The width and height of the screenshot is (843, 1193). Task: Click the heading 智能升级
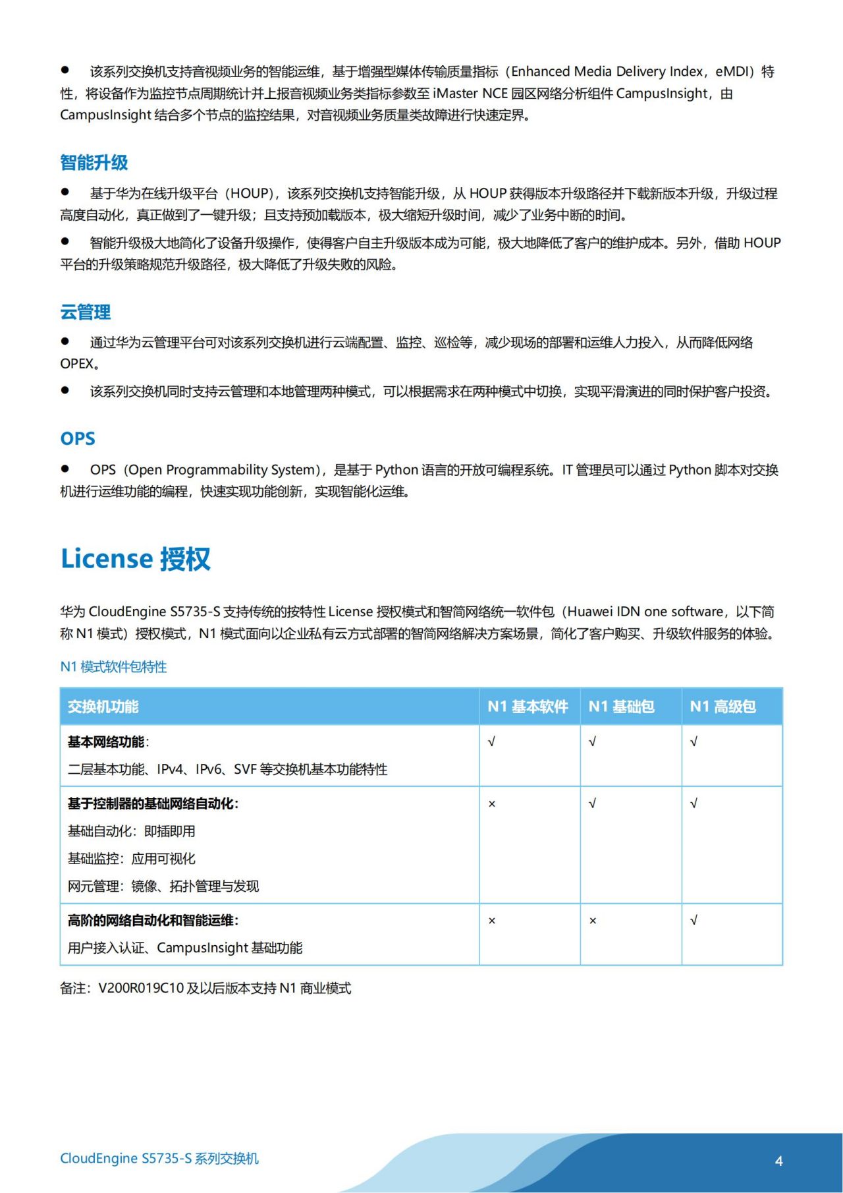(94, 163)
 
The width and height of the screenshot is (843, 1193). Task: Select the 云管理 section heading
(86, 312)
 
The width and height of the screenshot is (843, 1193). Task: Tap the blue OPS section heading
(78, 438)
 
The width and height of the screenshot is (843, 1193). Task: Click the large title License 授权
(136, 559)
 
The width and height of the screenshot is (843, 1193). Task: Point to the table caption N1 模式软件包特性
(113, 666)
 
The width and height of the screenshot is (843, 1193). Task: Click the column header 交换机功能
(103, 707)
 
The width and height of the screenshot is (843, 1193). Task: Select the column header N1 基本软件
(528, 707)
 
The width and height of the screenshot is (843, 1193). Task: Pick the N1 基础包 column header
(621, 707)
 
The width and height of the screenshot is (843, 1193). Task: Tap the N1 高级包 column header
(722, 707)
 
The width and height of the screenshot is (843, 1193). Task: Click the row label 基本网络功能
(107, 742)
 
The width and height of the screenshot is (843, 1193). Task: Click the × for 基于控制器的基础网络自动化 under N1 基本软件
(492, 804)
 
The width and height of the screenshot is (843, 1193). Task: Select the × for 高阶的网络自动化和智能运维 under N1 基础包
(593, 921)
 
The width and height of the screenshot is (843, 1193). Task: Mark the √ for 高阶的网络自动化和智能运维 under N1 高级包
(693, 921)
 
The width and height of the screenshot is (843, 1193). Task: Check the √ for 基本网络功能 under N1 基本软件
(491, 742)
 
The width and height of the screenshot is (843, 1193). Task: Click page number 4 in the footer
(779, 1161)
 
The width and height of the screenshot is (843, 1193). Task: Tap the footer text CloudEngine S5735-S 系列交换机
(159, 1158)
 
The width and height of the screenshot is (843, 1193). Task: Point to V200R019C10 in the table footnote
(141, 988)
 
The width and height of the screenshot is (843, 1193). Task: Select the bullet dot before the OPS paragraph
(65, 469)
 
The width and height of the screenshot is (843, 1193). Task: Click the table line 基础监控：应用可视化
(132, 859)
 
